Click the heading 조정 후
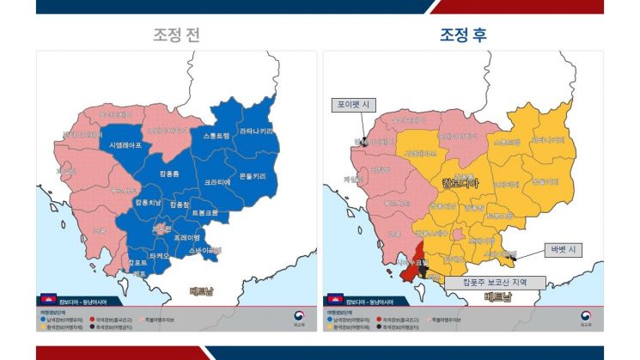pos(463,35)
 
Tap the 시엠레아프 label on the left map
pos(128,146)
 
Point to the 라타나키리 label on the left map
pos(257,131)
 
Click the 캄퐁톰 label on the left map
pos(169,174)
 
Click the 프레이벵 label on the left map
pos(186,237)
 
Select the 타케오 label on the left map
pos(158,255)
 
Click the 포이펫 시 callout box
pos(355,105)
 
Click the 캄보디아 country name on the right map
pos(460,183)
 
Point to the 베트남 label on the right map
pos(497,297)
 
